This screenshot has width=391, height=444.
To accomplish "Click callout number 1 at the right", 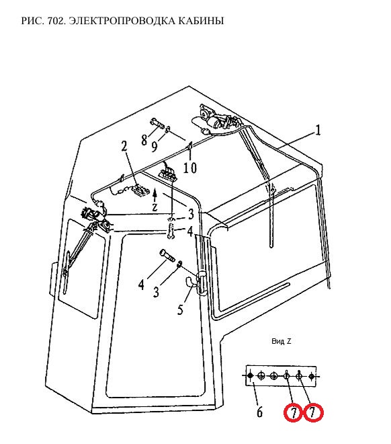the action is pyautogui.click(x=318, y=131).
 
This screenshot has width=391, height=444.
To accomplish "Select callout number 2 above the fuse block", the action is pyautogui.click(x=124, y=147).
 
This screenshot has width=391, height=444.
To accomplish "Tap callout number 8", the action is pyautogui.click(x=144, y=140).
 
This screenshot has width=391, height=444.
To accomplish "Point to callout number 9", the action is pyautogui.click(x=155, y=147).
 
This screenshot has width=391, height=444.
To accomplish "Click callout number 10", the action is pyautogui.click(x=190, y=168).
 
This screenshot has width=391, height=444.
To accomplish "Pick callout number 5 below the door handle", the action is pyautogui.click(x=180, y=309).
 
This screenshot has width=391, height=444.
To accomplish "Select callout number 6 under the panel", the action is pyautogui.click(x=259, y=412).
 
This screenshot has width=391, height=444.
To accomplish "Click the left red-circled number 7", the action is pyautogui.click(x=294, y=413).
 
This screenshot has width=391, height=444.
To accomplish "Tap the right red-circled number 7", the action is pyautogui.click(x=313, y=412).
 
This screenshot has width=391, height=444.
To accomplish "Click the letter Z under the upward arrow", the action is pyautogui.click(x=155, y=207).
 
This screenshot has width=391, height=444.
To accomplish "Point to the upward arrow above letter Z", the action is pyautogui.click(x=155, y=195).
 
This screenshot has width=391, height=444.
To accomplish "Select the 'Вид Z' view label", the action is pyautogui.click(x=281, y=341).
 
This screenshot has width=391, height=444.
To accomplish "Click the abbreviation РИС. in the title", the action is pyautogui.click(x=33, y=21).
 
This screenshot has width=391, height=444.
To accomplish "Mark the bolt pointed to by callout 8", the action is pyautogui.click(x=158, y=123).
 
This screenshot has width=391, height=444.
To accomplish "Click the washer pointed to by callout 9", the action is pyautogui.click(x=167, y=129).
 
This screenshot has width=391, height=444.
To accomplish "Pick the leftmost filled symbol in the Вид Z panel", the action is pyautogui.click(x=250, y=376).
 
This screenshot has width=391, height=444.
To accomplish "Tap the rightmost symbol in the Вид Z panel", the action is pyautogui.click(x=311, y=376).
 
